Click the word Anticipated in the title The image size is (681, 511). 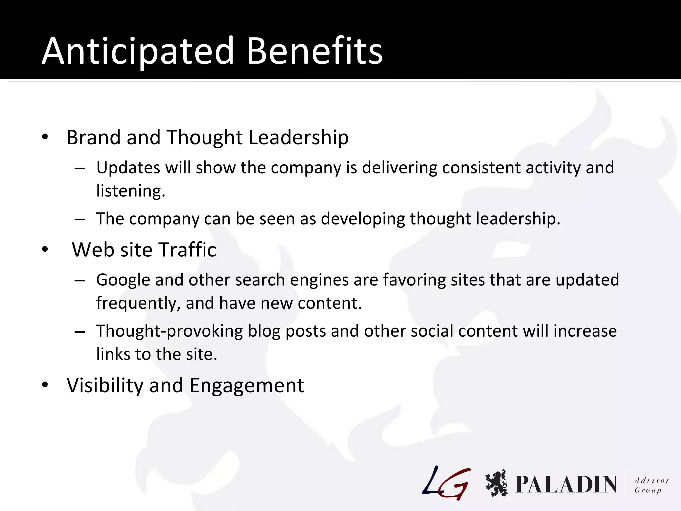click(138, 52)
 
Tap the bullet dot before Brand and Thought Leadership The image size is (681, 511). click(45, 137)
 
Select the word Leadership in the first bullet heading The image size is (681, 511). click(298, 137)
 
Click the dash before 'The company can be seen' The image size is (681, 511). click(80, 219)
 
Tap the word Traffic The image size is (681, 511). click(187, 250)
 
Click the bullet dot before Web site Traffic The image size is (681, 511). click(45, 249)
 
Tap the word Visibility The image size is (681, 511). click(105, 385)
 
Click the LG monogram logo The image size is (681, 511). click(446, 483)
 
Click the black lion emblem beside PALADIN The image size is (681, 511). click(496, 483)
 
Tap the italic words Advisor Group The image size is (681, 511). click(651, 485)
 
